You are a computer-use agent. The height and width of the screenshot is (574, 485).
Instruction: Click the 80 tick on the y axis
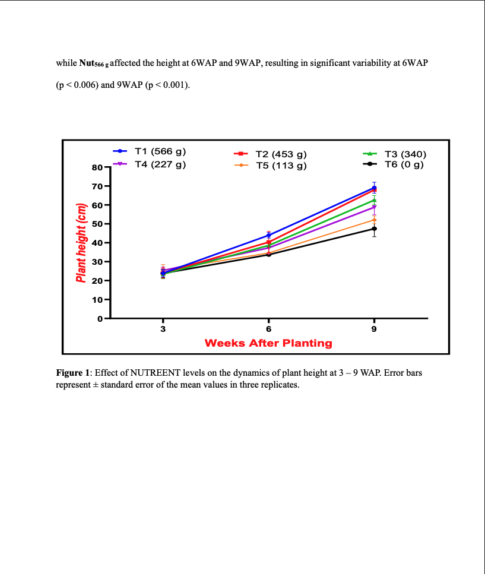click(x=97, y=167)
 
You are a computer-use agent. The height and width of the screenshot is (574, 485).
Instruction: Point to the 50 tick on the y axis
click(x=97, y=224)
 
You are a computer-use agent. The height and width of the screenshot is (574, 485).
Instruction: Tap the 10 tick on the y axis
click(x=97, y=300)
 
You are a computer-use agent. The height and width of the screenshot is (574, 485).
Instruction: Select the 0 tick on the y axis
click(x=100, y=319)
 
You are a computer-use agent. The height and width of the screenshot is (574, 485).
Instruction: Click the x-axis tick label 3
click(x=163, y=328)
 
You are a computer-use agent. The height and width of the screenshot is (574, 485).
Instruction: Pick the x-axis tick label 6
click(x=268, y=328)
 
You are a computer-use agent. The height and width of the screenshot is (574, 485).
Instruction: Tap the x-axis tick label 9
click(x=374, y=328)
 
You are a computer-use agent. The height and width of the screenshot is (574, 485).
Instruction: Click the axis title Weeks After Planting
click(x=268, y=343)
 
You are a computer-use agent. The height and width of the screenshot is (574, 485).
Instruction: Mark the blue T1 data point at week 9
click(x=374, y=188)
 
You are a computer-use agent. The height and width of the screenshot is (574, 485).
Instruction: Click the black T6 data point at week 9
click(x=374, y=229)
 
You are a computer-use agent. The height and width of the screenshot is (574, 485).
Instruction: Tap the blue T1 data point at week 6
click(x=269, y=235)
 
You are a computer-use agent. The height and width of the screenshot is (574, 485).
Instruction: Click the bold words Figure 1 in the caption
click(x=72, y=373)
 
